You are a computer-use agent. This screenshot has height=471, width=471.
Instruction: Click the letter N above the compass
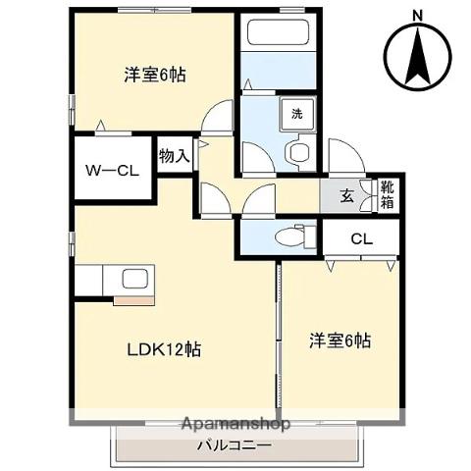tap(416, 14)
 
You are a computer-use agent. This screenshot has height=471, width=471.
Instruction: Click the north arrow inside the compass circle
tap(415, 55)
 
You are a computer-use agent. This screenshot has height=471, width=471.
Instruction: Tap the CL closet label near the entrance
tap(361, 237)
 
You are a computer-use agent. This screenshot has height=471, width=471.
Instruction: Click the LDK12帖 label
tap(161, 348)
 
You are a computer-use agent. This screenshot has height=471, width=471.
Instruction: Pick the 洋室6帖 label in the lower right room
tap(340, 340)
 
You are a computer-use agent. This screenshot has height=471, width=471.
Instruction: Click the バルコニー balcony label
tap(234, 445)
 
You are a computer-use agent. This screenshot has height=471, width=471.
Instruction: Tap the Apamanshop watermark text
tap(235, 426)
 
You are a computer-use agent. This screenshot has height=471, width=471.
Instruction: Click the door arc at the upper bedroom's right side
tap(217, 116)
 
